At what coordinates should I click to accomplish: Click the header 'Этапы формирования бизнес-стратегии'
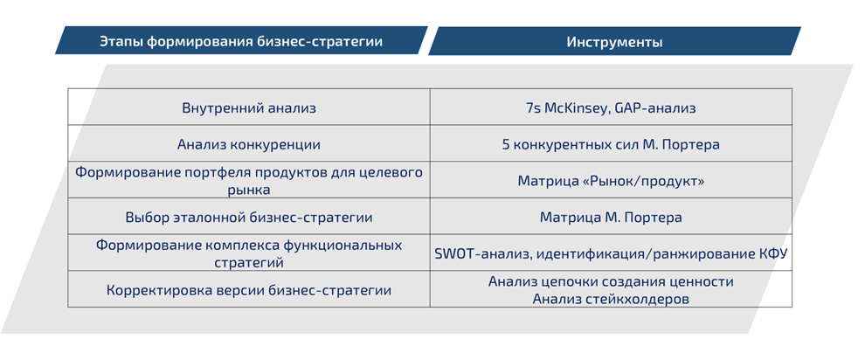pos(240,41)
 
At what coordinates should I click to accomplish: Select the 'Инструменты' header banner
pos(613,41)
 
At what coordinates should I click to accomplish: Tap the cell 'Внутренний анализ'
pos(249,108)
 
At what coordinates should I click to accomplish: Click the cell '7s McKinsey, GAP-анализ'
pos(611,108)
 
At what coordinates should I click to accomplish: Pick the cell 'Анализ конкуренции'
pos(249,144)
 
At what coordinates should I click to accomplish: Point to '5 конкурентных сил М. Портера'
pos(611,144)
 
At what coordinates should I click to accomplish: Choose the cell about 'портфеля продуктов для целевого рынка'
pos(249,181)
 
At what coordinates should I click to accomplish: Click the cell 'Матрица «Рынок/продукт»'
pos(611,181)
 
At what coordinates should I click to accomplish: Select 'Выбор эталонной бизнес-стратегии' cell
pos(249,217)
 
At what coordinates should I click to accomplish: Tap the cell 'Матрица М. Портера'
pos(611,217)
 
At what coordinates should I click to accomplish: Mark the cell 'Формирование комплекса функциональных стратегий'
pos(249,253)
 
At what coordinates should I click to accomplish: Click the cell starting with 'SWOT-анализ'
pos(611,253)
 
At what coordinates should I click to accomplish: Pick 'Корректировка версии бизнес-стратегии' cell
pos(249,290)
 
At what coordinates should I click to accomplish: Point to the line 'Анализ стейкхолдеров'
pos(611,299)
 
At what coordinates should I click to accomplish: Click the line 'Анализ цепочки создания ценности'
pos(611,282)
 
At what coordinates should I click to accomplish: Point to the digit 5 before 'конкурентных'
pos(506,144)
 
